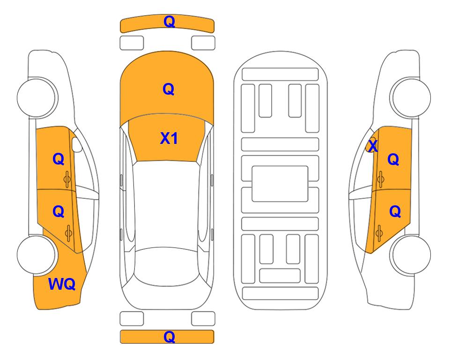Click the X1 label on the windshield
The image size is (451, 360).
(x=169, y=138)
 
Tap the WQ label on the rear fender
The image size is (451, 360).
(x=62, y=284)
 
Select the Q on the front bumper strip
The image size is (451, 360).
(x=169, y=22)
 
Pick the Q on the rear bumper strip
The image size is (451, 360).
(x=169, y=337)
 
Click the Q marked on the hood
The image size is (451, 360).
(x=169, y=89)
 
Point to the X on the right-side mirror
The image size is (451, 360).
(x=373, y=146)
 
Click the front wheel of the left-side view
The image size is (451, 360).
(x=37, y=97)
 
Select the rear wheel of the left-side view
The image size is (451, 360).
(x=37, y=255)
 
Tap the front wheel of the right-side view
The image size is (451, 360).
(x=411, y=97)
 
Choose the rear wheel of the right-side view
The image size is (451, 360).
(x=411, y=255)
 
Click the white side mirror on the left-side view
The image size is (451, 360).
(x=77, y=144)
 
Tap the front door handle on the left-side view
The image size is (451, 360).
(x=67, y=179)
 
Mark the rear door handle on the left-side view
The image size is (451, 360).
(x=68, y=233)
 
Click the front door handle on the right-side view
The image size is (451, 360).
(x=381, y=179)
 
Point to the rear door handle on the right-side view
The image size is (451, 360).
(x=379, y=233)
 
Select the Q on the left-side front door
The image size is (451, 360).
(x=59, y=159)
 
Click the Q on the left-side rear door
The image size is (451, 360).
(x=59, y=212)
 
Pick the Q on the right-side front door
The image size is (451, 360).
(x=393, y=159)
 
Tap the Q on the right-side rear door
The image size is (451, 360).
(x=395, y=212)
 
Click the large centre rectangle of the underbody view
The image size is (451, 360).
(x=280, y=184)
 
